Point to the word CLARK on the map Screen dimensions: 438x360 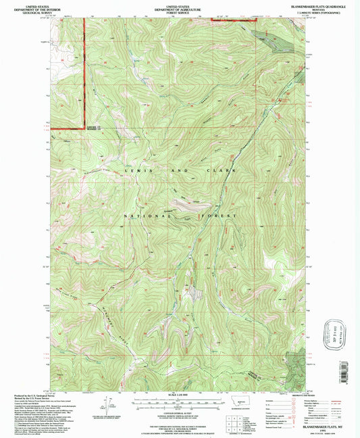point(222,172)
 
